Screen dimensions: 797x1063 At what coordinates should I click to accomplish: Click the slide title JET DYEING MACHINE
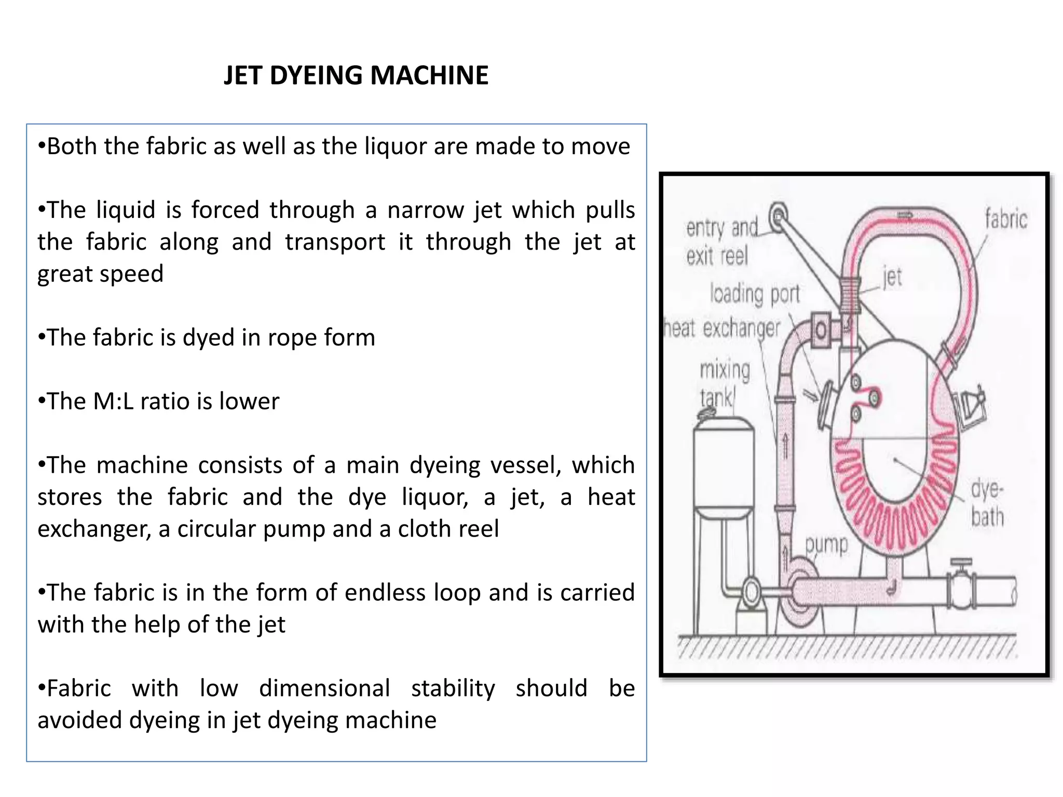point(356,76)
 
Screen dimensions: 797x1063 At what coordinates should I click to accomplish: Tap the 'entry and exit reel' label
point(721,242)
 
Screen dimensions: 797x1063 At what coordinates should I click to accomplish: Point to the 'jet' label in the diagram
point(892,277)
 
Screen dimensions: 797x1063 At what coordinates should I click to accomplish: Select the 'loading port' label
point(755,294)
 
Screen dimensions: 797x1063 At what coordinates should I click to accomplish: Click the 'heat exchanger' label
point(723,328)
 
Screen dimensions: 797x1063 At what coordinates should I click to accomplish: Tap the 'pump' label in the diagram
point(826,545)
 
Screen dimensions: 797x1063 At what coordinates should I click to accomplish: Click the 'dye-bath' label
point(987,503)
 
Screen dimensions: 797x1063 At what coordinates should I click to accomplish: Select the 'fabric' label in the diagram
point(1006,218)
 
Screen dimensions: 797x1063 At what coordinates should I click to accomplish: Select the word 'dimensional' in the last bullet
point(324,689)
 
